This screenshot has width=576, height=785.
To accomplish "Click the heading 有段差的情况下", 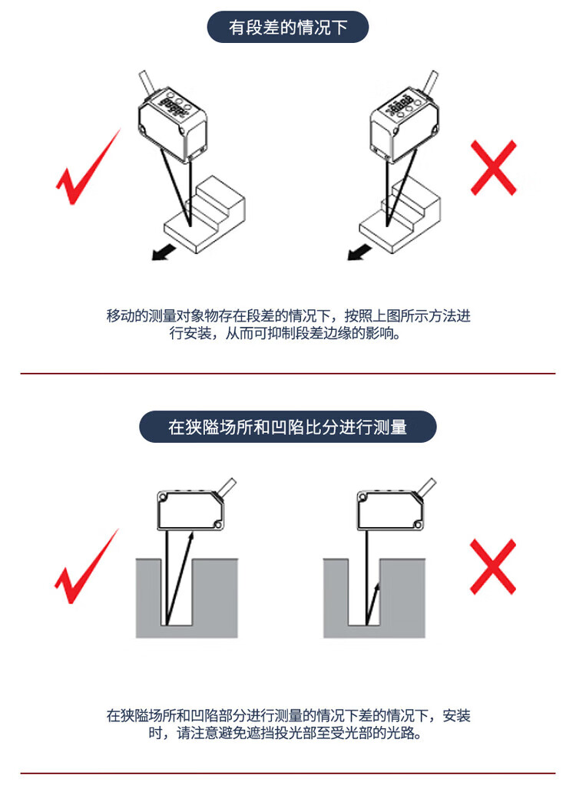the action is click(x=288, y=27).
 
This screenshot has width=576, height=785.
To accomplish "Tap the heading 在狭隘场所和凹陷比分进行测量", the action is click(x=287, y=427).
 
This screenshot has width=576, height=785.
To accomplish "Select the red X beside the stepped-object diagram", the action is click(x=494, y=168).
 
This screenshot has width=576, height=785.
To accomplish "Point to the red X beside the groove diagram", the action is click(x=493, y=567).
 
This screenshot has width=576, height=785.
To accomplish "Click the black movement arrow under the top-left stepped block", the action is click(x=164, y=252).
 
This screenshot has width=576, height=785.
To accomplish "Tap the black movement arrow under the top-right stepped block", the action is click(x=359, y=252).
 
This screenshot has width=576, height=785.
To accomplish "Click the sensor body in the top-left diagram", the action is click(x=172, y=124).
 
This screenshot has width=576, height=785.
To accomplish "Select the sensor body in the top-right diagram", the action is click(x=404, y=124).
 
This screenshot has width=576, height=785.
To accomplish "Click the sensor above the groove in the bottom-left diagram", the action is click(x=190, y=510).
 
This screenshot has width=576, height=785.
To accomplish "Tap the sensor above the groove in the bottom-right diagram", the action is click(x=390, y=510).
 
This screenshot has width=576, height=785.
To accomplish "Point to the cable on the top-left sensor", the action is click(x=146, y=83).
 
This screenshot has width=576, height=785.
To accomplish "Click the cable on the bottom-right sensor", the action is click(x=427, y=487).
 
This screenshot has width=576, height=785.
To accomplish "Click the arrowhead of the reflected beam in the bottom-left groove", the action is click(x=190, y=538).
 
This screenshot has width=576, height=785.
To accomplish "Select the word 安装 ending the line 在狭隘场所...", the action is click(x=456, y=715).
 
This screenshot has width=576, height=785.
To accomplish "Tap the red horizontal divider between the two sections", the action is click(x=288, y=374).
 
